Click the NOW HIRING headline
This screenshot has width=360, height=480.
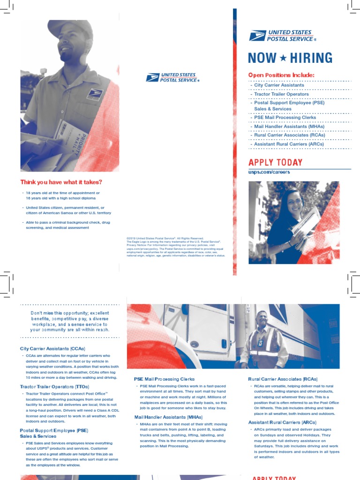tap(290, 58)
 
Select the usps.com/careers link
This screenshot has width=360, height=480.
tap(269, 172)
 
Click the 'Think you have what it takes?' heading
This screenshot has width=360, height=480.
tap(61, 182)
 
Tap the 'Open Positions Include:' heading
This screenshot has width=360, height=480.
tap(281, 75)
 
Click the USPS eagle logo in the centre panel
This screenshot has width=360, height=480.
tap(153, 77)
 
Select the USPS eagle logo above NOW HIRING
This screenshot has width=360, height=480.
tap(257, 36)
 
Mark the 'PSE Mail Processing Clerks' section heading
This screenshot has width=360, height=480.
tap(164, 379)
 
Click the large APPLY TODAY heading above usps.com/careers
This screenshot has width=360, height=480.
tap(276, 163)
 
